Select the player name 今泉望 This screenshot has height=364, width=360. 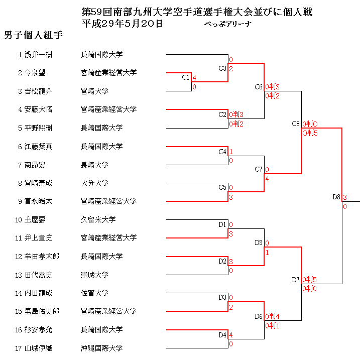point(35,73)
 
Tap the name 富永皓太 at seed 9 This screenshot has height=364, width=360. point(38,201)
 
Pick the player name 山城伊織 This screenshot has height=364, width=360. point(38,348)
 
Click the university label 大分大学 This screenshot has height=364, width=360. point(94,183)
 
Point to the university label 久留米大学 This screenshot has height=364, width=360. point(98,219)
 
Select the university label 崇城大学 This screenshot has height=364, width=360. point(94,275)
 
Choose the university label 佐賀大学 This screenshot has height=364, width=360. point(94,293)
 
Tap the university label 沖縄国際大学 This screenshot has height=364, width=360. point(101,348)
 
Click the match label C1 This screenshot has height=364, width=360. point(185,77)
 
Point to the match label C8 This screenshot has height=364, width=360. point(296,124)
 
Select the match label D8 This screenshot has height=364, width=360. point(337,197)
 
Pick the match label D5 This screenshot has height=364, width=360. point(259,243)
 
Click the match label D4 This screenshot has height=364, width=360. point(222,335)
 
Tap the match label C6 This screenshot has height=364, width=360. point(259,87)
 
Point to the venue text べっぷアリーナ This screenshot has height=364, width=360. point(227,24)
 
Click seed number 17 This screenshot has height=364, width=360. point(19,348)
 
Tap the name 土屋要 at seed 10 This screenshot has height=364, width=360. point(35,219)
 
